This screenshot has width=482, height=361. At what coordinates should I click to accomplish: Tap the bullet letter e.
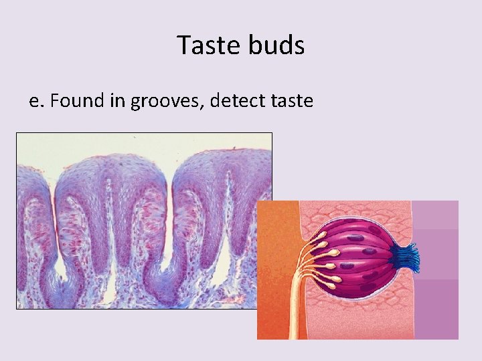point(35,101)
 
